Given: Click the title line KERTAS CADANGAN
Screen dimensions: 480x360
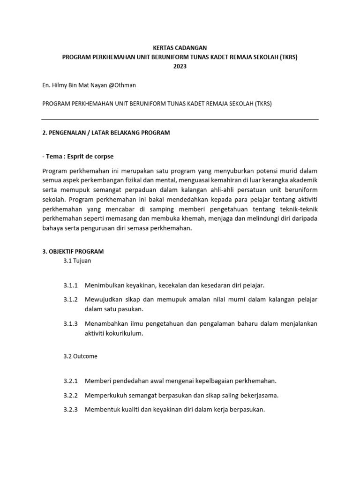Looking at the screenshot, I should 180,48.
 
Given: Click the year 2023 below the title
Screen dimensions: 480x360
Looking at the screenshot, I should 180,67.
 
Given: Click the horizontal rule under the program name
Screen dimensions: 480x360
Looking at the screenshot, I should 180,120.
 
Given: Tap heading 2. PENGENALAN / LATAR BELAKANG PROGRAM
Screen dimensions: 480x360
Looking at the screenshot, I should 106,133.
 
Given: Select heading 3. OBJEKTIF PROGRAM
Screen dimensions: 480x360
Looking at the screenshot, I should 73,252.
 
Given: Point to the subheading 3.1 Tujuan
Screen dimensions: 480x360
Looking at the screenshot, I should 77,261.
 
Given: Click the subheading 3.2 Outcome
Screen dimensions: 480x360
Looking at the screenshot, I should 80,356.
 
